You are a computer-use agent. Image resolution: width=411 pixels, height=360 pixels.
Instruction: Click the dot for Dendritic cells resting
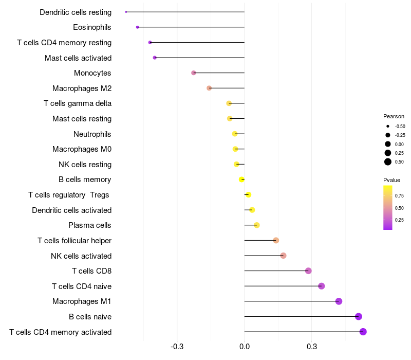(x=126, y=12)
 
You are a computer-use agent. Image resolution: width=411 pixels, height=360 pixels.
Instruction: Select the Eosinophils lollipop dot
(x=138, y=27)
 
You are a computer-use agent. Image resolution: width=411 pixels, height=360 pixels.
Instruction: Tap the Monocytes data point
(x=194, y=73)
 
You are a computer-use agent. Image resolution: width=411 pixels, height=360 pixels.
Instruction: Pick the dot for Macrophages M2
(x=209, y=88)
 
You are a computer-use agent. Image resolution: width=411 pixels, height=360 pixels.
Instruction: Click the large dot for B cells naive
(x=359, y=317)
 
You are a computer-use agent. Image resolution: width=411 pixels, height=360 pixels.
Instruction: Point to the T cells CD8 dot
(x=308, y=271)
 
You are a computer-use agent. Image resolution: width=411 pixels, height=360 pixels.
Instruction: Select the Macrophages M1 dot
(x=339, y=301)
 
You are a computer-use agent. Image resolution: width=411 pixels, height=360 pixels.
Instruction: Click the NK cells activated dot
(x=283, y=256)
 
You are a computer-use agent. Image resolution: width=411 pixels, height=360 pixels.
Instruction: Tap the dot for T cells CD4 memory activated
(x=363, y=332)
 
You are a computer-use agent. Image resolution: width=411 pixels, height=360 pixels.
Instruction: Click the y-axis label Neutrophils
(x=92, y=134)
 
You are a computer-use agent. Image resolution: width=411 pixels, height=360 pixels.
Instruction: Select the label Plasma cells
(x=90, y=225)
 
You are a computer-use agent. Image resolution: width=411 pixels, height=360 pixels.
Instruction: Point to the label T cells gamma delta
(x=78, y=103)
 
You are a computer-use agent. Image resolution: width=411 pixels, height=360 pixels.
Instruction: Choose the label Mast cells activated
(x=78, y=58)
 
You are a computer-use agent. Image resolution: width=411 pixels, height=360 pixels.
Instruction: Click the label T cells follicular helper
(x=74, y=241)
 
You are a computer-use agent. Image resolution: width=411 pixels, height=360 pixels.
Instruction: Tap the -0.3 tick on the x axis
(x=177, y=347)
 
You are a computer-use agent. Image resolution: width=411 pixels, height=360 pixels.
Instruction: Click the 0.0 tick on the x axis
(x=245, y=347)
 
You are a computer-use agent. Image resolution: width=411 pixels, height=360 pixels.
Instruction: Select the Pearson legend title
(x=394, y=116)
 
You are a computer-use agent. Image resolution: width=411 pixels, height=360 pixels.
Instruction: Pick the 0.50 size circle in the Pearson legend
(x=388, y=162)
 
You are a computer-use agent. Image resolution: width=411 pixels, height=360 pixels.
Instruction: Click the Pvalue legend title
(x=391, y=180)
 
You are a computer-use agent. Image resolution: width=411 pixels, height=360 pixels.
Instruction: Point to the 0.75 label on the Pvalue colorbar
(x=400, y=196)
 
